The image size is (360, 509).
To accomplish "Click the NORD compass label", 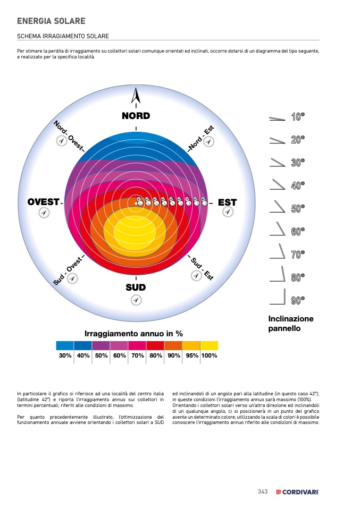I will [x=136, y=116].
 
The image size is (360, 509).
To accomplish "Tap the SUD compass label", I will [x=136, y=287].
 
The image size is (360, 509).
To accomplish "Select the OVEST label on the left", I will [x=43, y=202].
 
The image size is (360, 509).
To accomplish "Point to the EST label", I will [x=227, y=202].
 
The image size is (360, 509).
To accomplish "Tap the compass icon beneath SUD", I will [x=136, y=300].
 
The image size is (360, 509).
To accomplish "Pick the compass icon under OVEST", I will [x=44, y=213].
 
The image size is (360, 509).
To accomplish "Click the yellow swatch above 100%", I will [x=209, y=345].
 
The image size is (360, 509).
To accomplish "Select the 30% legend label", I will [x=65, y=356].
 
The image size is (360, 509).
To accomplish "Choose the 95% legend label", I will [x=191, y=356].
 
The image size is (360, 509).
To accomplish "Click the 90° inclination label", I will [x=298, y=301].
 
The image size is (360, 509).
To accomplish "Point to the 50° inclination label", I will [x=298, y=209].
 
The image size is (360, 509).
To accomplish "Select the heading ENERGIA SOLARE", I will [x=51, y=21].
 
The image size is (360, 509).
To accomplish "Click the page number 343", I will [x=262, y=491].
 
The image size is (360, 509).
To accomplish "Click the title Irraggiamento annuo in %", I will [x=133, y=334].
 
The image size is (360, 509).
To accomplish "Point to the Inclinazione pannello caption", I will [x=291, y=324].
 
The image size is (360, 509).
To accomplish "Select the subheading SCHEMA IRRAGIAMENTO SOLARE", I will [x=63, y=36].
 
